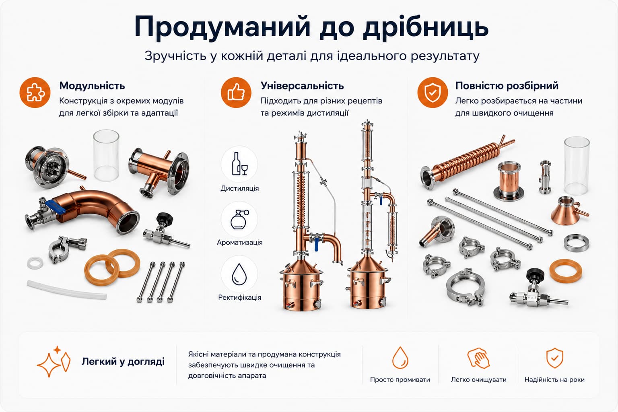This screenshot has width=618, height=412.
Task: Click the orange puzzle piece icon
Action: click(35, 93)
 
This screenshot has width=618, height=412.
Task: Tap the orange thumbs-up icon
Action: click(236, 93)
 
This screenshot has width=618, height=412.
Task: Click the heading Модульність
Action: click(92, 86)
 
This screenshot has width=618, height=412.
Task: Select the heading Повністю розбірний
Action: click(507, 86)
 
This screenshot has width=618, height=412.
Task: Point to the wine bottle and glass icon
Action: click(239, 164)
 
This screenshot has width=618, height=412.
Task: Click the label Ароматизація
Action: click(239, 242)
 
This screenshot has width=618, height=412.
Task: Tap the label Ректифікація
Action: click(239, 297)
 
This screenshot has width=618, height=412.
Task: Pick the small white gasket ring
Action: click(35, 263)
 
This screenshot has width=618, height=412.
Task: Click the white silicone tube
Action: click(66, 290)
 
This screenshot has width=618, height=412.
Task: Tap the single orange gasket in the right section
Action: click(566, 271)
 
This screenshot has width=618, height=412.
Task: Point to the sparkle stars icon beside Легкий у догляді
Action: click(54, 361)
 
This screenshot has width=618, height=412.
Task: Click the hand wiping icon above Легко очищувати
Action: click(479, 358)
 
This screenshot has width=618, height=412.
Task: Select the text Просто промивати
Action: click(400, 380)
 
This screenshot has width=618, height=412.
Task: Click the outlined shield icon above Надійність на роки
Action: click(554, 358)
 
